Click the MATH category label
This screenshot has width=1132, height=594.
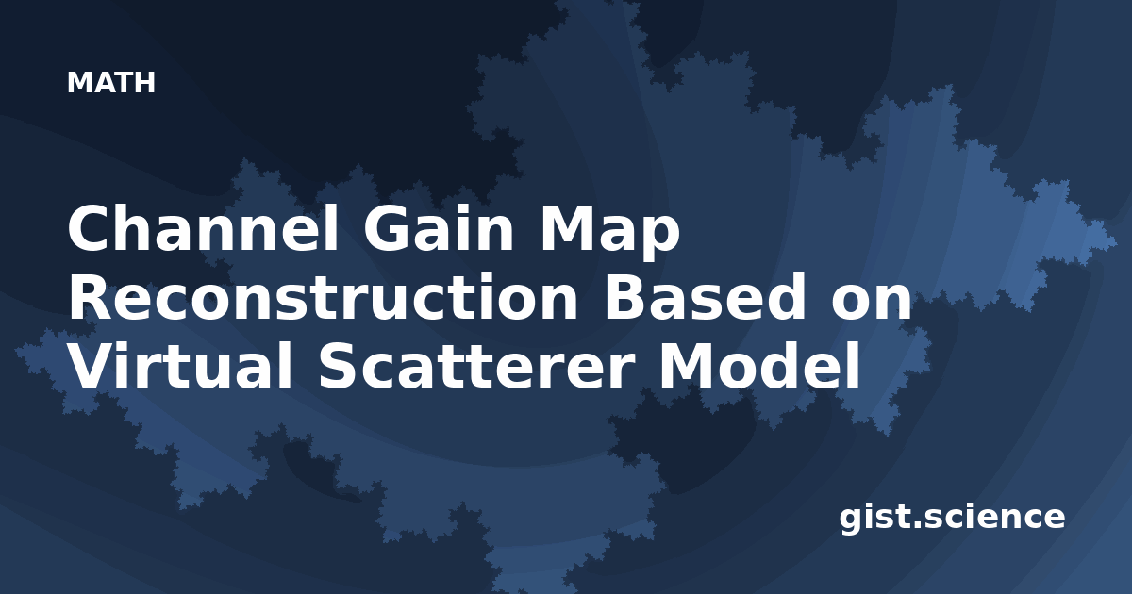(x=111, y=83)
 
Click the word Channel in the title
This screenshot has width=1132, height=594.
(x=203, y=228)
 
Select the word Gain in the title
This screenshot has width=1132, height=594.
(x=439, y=228)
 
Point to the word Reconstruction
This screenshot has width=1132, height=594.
(x=323, y=298)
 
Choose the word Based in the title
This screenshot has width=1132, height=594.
(x=705, y=298)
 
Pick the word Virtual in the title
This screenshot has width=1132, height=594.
(x=180, y=365)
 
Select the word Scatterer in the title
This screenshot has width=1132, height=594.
(x=475, y=366)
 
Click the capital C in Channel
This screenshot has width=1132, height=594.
(x=90, y=228)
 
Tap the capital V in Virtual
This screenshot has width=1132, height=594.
(x=93, y=366)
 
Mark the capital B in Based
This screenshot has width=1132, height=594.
(x=624, y=298)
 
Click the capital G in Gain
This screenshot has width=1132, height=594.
(x=386, y=228)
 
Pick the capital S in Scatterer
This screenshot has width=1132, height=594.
(x=339, y=366)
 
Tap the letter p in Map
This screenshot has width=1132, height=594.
(x=660, y=239)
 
